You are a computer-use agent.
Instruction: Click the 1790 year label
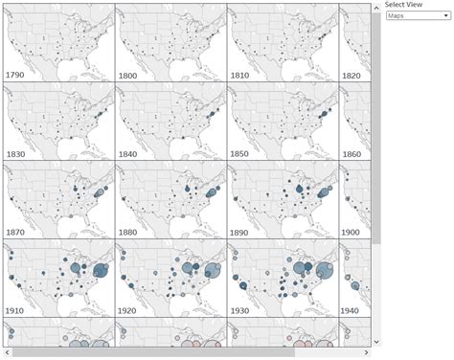(16, 74)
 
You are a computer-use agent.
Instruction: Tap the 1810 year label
(241, 74)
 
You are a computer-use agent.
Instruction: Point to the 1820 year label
(352, 74)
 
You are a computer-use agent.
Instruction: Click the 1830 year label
(16, 153)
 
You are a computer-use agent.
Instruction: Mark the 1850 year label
(241, 153)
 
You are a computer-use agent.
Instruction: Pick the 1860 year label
(352, 153)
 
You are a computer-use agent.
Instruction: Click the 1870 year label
(16, 233)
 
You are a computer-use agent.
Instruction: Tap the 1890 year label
(241, 233)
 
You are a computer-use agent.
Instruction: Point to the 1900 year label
(352, 233)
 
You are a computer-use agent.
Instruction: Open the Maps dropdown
(417, 15)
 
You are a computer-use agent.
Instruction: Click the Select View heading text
(402, 5)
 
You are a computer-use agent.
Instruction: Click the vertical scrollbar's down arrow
(375, 341)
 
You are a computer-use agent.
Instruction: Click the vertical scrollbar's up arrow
(375, 6)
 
